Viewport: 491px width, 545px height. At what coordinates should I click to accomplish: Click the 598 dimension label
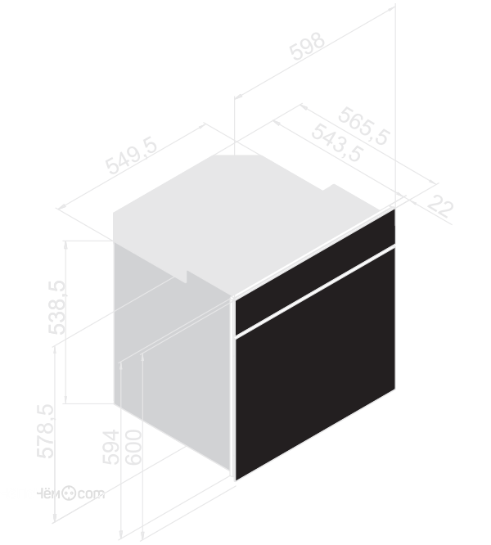tap(307, 46)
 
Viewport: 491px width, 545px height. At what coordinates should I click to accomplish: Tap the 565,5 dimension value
tap(364, 126)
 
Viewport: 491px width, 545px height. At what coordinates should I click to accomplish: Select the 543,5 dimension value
tap(337, 143)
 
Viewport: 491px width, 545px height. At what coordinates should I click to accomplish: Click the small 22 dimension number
tap(440, 206)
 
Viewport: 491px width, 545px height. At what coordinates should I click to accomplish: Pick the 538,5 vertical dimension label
tap(56, 307)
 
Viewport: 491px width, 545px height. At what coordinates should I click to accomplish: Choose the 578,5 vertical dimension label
tap(46, 431)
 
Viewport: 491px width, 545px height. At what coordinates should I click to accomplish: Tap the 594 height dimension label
tap(111, 447)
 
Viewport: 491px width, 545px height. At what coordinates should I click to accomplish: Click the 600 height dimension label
tap(133, 447)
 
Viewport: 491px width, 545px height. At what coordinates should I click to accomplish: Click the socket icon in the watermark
tap(69, 493)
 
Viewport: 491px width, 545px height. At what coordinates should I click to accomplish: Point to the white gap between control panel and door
tap(315, 291)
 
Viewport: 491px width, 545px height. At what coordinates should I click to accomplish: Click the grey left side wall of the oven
tap(172, 351)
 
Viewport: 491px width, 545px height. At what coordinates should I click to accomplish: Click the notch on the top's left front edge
tap(183, 277)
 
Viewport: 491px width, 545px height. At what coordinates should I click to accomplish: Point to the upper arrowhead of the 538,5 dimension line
tap(65, 244)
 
